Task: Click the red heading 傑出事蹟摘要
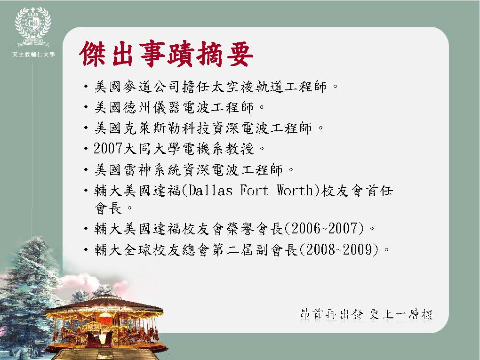[x=166, y=54]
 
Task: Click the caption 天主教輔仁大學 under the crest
[x=33, y=55]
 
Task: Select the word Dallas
[x=210, y=191]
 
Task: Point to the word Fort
[x=254, y=191]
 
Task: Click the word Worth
[x=295, y=191]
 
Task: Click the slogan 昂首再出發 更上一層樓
[x=367, y=314]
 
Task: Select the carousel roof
[x=104, y=304]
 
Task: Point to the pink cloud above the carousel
[x=92, y=283]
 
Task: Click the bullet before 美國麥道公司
[x=86, y=87]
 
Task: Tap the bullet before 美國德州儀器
[x=86, y=107]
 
